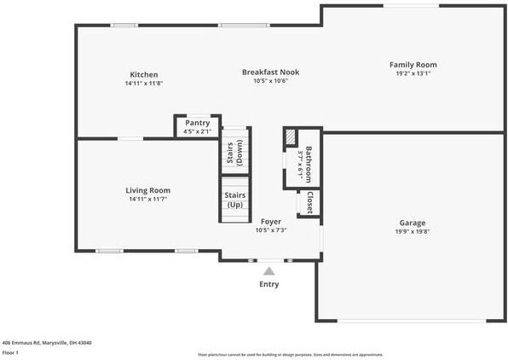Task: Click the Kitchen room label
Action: [143, 75]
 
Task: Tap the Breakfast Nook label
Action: [270, 73]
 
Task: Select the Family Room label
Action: [413, 65]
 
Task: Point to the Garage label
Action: [413, 223]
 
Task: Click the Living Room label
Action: [148, 190]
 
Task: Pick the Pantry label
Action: [197, 123]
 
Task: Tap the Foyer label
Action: [271, 222]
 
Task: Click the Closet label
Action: [309, 202]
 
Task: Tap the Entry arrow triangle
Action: [268, 271]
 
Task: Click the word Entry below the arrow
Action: [268, 284]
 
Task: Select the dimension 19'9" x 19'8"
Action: [413, 231]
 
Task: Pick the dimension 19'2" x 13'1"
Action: [413, 73]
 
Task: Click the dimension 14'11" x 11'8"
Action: [143, 84]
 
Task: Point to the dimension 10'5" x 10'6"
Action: [270, 81]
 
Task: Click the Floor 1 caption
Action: [11, 352]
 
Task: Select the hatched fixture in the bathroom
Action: [291, 137]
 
